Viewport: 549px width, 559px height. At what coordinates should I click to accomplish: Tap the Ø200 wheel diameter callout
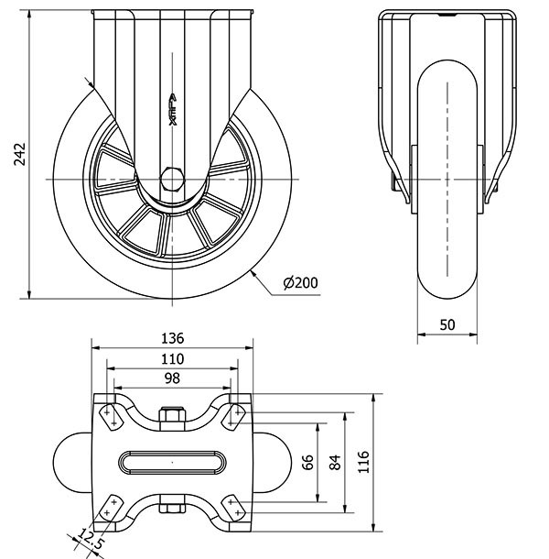[x=301, y=283]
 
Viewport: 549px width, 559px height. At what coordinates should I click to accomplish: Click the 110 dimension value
[x=173, y=357]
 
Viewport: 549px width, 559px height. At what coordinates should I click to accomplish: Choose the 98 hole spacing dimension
[x=173, y=378]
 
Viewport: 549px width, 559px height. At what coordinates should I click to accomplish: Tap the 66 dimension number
[x=307, y=464]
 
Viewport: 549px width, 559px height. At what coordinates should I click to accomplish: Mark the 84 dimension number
[x=334, y=464]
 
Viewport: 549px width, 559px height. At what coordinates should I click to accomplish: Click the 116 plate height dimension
[x=363, y=464]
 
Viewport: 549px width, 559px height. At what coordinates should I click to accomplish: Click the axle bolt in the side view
[x=173, y=176]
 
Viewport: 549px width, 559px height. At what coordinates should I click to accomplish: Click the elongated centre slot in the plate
[x=173, y=462]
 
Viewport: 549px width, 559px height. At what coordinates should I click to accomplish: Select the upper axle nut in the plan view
[x=173, y=417]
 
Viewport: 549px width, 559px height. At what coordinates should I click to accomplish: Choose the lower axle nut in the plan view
[x=173, y=507]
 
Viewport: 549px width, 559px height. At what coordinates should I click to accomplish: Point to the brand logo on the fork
[x=173, y=110]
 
